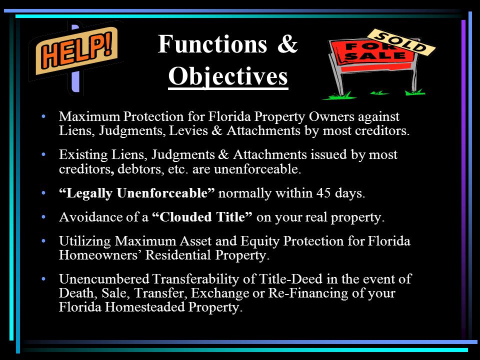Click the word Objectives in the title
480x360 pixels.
228,77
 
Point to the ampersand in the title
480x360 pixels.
287,45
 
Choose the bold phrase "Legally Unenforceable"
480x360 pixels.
137,193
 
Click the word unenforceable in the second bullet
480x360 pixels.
263,169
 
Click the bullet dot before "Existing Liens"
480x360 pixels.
44,155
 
